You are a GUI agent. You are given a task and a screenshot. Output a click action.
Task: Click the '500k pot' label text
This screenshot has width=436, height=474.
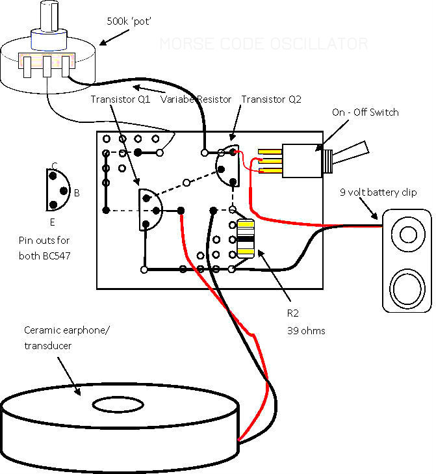(129, 20)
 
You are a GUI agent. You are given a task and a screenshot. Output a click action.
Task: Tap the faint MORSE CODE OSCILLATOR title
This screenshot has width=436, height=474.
(263, 44)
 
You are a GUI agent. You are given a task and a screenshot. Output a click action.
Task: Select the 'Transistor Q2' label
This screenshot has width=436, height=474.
(270, 99)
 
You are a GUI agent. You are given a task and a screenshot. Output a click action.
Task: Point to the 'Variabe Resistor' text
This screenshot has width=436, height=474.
(196, 99)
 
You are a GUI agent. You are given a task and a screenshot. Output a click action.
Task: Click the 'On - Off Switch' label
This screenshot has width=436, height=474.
(365, 112)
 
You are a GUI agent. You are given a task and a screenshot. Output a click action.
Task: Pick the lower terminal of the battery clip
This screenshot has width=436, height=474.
(407, 285)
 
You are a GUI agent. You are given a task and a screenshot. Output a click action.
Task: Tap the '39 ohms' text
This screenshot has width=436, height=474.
(306, 330)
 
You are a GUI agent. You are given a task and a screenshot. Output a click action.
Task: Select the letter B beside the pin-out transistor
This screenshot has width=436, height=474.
(76, 193)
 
